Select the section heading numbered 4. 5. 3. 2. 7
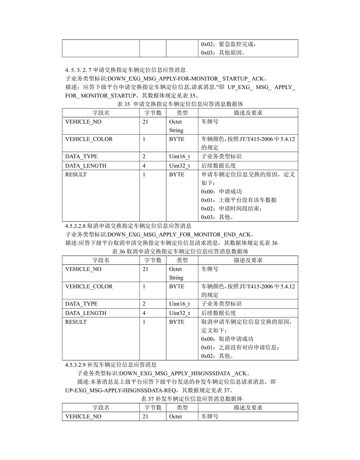125,70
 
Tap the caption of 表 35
180,104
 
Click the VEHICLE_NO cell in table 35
83,122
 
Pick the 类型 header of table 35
182,113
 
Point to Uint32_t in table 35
179,166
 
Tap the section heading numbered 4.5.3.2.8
128,226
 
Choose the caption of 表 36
180,251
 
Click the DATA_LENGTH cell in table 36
86,313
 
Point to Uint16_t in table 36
179,304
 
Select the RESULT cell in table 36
76,322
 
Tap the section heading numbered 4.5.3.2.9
111,365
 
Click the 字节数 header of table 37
153,407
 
